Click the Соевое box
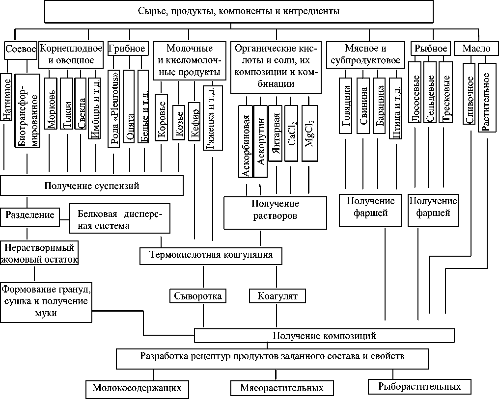[x=20, y=49]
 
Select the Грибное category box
[x=126, y=49]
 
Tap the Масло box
[x=472, y=49]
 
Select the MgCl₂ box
[x=309, y=133]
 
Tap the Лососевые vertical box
[x=416, y=98]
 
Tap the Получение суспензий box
[x=92, y=186]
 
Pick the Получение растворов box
[x=275, y=212]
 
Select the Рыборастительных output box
[x=419, y=386]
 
